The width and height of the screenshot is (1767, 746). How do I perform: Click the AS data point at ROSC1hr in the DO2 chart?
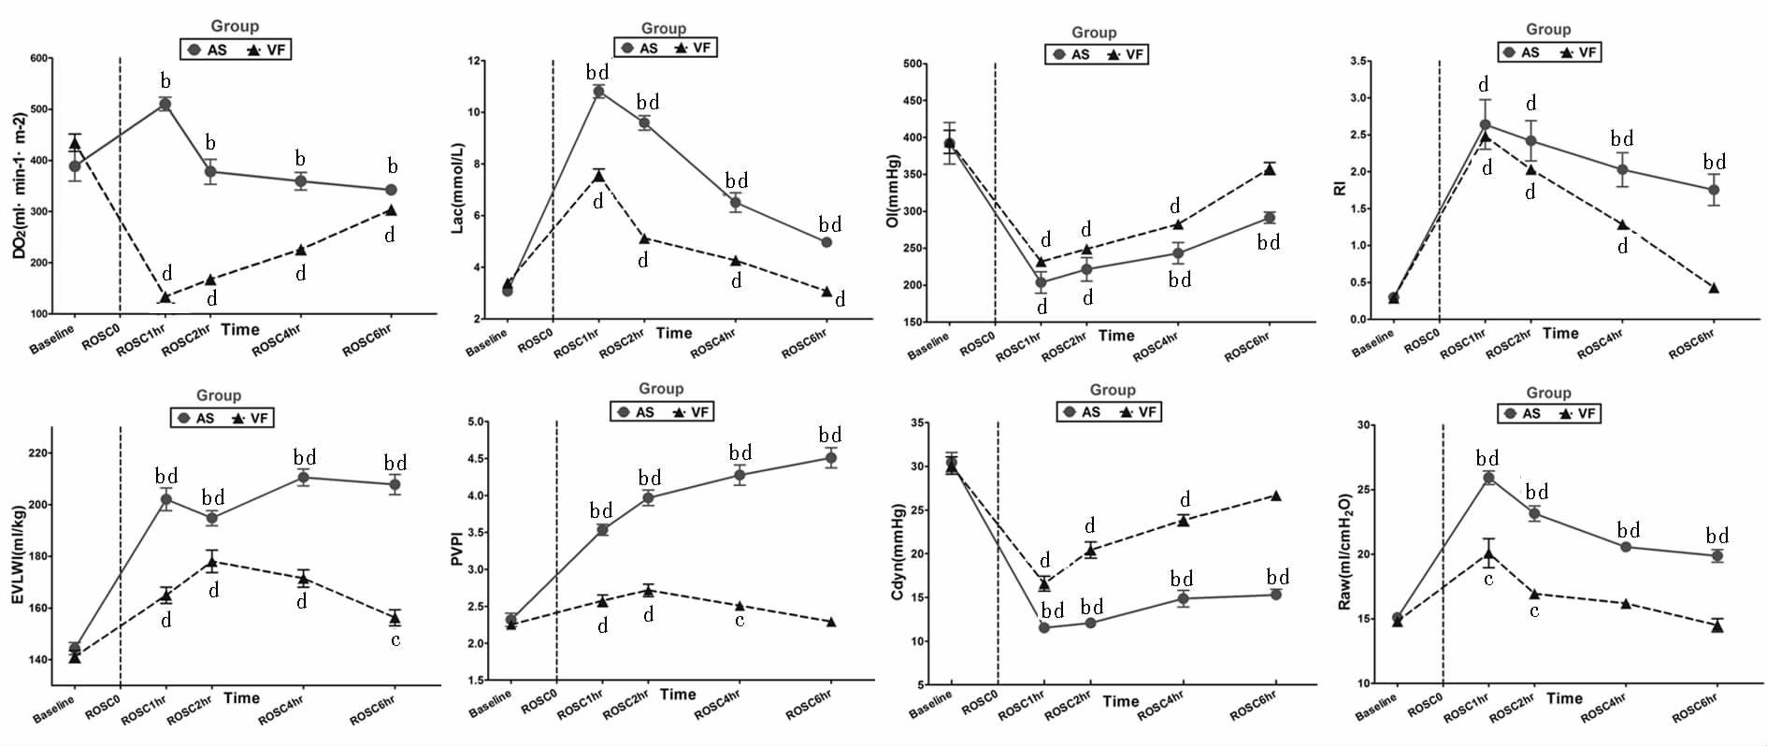165,105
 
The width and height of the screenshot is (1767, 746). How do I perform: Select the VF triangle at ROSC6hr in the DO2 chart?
391,210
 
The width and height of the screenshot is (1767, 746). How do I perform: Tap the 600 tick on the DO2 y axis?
39,58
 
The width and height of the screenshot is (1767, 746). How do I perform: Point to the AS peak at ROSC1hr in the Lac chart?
598,92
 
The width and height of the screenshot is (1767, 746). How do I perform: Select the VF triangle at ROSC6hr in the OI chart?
1269,169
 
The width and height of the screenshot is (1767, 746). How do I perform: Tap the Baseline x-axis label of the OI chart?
928,344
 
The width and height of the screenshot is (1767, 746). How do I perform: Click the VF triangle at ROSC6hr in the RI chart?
1714,288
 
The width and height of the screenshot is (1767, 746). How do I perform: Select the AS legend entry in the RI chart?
1520,52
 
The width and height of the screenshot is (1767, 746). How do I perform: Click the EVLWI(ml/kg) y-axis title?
19,554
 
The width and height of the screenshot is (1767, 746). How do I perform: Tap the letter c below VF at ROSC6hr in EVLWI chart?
395,640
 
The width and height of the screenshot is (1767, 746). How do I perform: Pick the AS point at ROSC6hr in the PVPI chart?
830,457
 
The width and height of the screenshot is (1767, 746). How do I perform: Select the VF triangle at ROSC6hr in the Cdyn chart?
1275,495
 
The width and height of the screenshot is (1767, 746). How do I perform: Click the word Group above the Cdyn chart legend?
1113,390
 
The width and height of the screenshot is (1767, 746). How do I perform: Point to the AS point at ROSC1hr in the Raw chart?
1488,478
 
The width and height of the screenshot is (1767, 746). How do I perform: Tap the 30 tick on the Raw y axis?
1364,425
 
